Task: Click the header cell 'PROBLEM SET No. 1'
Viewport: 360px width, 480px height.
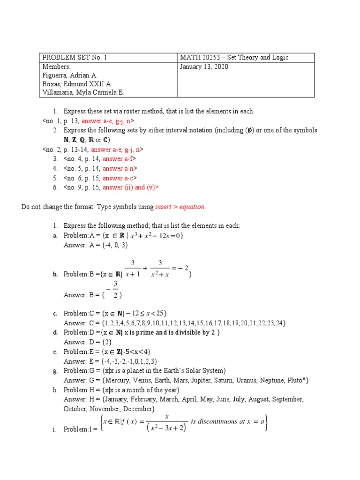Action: tap(75, 58)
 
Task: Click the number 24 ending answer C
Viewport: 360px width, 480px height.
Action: tap(279, 323)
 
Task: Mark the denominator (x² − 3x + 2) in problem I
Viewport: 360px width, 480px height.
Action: tap(166, 428)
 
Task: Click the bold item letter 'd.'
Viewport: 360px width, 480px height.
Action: tap(54, 332)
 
